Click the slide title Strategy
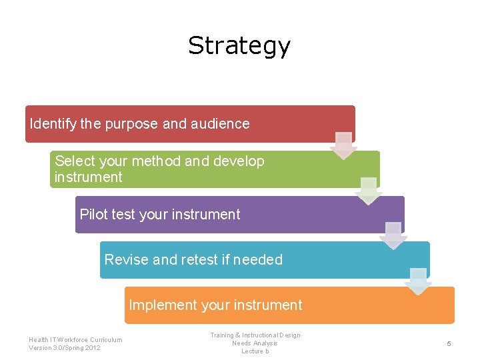[239, 45]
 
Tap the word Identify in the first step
[53, 124]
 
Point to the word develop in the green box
[239, 161]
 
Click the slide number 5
[449, 343]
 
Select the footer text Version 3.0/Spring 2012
[65, 348]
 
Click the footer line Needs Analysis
[255, 343]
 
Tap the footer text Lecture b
[255, 351]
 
